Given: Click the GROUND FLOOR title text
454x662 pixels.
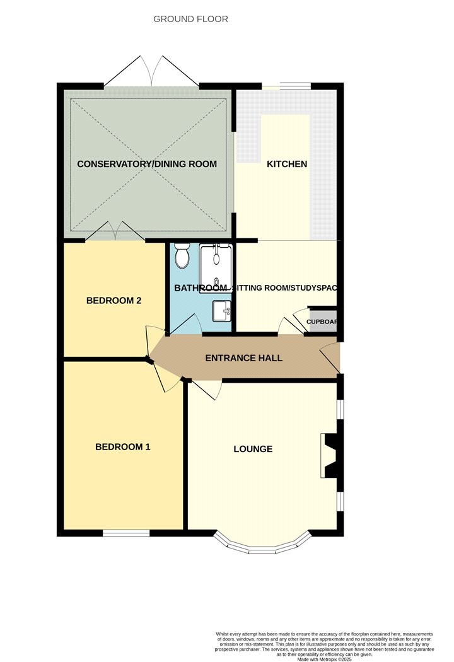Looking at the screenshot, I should pos(191,19).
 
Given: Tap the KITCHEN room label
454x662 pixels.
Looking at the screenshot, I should pos(287,164).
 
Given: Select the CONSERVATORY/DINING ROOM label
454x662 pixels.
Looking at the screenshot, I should pos(147,164).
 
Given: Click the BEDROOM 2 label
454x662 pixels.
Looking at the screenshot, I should pos(113,301).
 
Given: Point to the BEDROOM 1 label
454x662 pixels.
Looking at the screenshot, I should pos(123,447).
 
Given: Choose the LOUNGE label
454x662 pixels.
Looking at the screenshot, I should pos(253,449).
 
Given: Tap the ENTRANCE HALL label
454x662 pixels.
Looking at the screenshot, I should pos(243,358).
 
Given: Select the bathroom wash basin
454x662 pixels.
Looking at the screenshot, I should pos(221,311).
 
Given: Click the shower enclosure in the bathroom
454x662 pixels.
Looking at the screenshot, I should pos(216,268).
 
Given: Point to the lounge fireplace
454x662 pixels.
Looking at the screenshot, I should pos(330,455).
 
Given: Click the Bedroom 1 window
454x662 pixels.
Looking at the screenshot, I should pos(126,533).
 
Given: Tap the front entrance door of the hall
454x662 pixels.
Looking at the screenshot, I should pos(331,357).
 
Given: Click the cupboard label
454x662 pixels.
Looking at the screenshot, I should pos(322,322).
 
